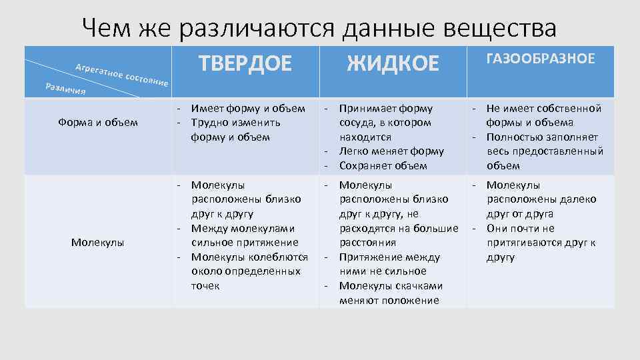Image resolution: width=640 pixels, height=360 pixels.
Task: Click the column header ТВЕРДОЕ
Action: pyautogui.click(x=245, y=63)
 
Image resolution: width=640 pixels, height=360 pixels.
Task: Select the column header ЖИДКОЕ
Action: pyautogui.click(x=393, y=63)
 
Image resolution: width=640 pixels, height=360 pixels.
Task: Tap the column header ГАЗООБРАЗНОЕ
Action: pyautogui.click(x=541, y=59)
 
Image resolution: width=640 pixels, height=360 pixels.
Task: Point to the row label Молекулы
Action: pyautogui.click(x=97, y=242)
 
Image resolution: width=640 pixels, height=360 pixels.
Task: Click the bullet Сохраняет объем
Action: pyautogui.click(x=383, y=166)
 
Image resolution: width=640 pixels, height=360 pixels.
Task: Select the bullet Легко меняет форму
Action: pyautogui.click(x=391, y=151)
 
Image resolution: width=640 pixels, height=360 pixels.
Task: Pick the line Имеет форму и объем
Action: pyautogui.click(x=248, y=108)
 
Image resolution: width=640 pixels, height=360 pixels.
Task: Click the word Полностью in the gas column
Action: pyautogui.click(x=514, y=137)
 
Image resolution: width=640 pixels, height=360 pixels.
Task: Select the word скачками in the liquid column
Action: pyautogui.click(x=420, y=286)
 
